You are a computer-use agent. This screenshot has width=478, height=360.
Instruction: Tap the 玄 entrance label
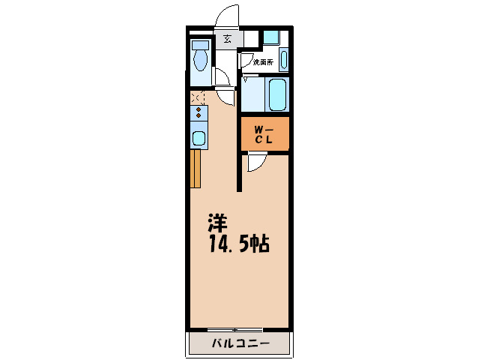[x=227, y=39]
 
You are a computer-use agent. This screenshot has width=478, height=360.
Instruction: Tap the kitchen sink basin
[x=199, y=138]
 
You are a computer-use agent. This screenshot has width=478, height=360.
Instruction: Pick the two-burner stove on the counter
[x=199, y=113]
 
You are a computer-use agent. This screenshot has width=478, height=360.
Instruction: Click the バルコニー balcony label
[x=238, y=344]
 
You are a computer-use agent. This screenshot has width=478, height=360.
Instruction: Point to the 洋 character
[x=217, y=223]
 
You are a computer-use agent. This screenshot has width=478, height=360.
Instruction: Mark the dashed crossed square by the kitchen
[x=197, y=97]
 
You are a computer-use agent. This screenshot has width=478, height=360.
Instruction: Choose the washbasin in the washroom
[x=284, y=58]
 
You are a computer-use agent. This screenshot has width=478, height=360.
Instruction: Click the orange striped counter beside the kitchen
[x=196, y=168]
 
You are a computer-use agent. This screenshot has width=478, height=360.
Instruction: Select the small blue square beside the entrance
[x=271, y=37]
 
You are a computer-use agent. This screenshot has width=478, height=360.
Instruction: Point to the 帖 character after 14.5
[x=261, y=244]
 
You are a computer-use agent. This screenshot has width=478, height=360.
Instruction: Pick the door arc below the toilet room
[x=222, y=78]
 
